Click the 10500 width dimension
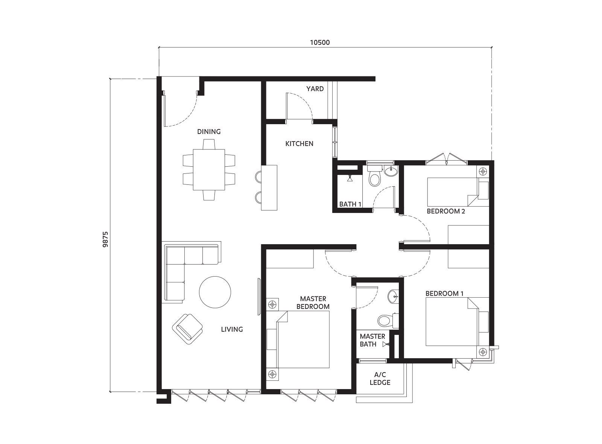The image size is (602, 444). (x=319, y=43)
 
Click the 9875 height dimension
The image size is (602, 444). (x=106, y=239)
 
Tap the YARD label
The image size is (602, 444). (x=315, y=89)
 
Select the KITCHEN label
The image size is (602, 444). (x=299, y=143)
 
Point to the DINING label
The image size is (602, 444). (x=209, y=131)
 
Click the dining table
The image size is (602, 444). (x=209, y=170)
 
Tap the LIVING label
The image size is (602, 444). (x=232, y=329)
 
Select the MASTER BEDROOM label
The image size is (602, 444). (x=313, y=303)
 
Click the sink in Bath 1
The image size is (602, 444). (x=391, y=171)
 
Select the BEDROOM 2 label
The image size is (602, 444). (x=446, y=211)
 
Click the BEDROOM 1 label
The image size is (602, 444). (x=444, y=293)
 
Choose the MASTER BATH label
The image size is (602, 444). (x=372, y=340)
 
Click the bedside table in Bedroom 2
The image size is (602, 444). (x=483, y=171)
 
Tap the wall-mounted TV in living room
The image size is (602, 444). (x=259, y=297)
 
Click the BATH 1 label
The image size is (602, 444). (x=350, y=204)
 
